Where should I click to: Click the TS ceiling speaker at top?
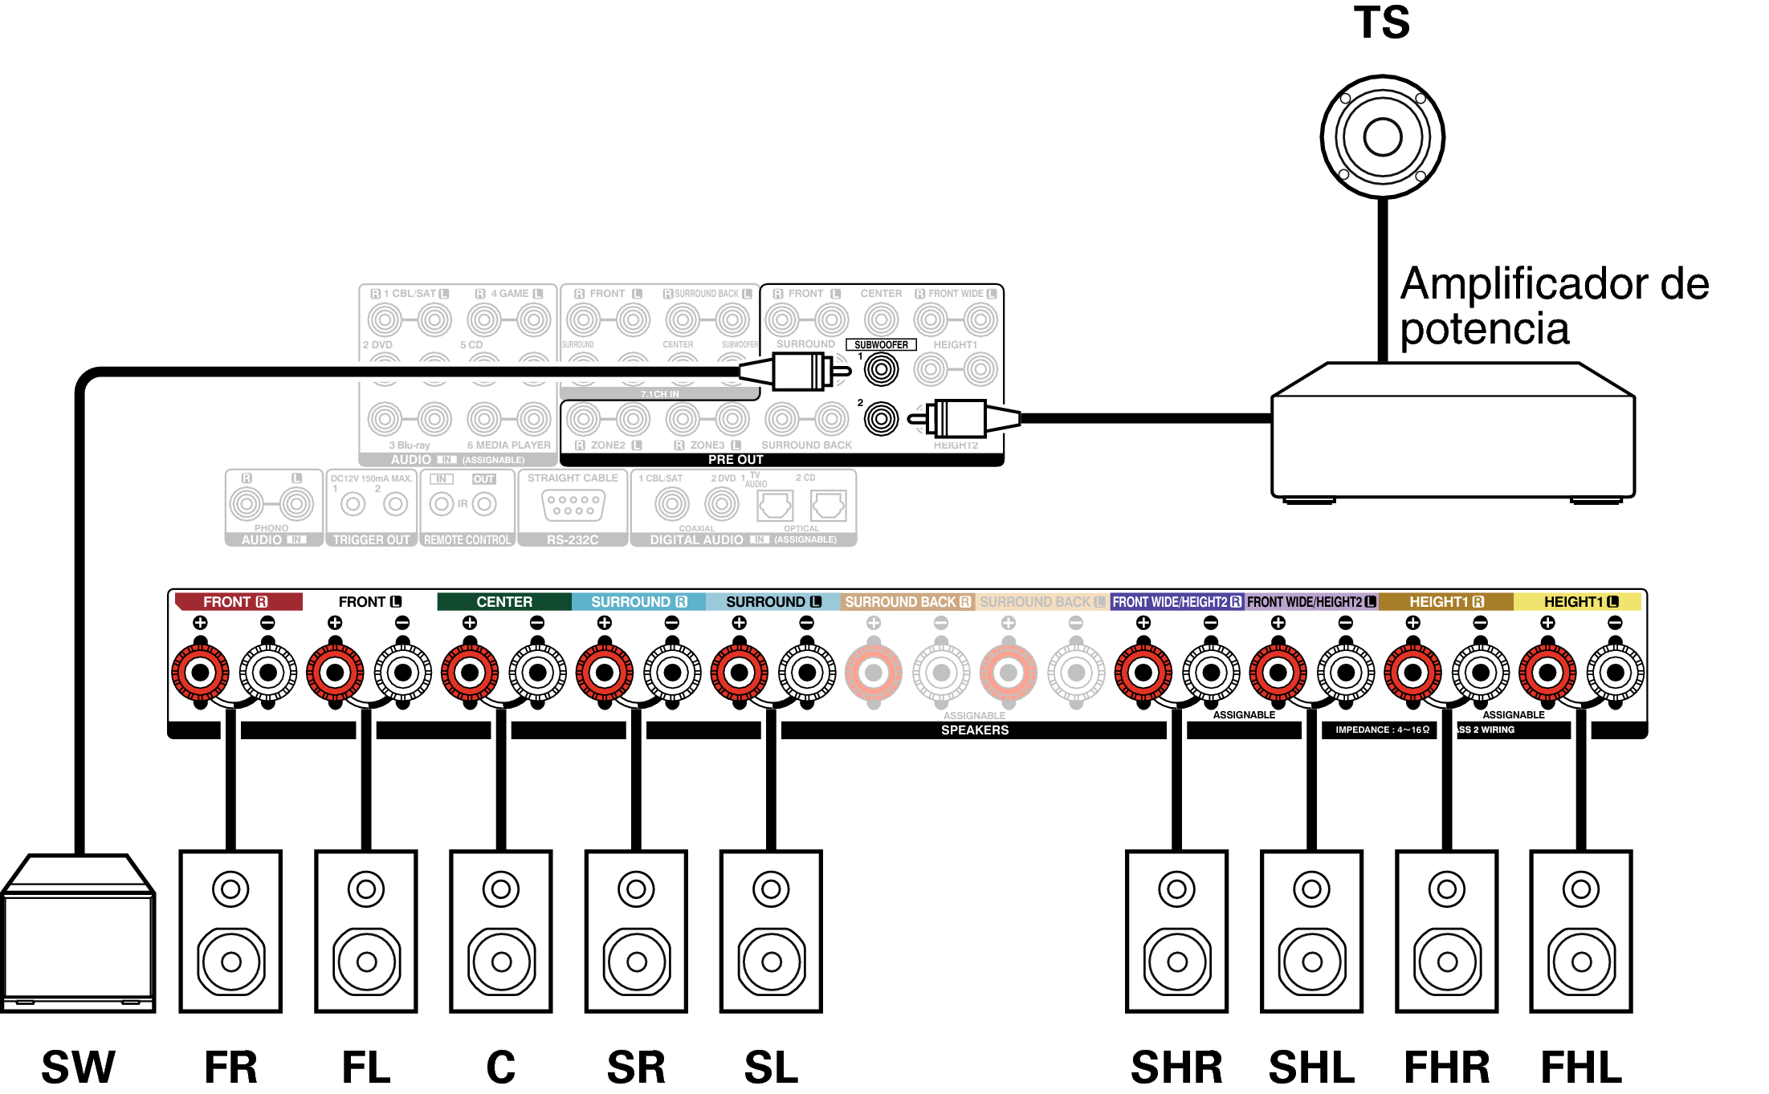pyautogui.click(x=1382, y=136)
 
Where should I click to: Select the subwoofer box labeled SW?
pyautogui.click(x=78, y=935)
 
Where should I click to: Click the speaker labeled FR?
pyautogui.click(x=230, y=931)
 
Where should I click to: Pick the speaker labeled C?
pyautogui.click(x=501, y=931)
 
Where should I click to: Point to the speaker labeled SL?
pyautogui.click(x=771, y=931)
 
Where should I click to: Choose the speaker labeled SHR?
pyautogui.click(x=1176, y=931)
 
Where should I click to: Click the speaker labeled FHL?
pyautogui.click(x=1581, y=931)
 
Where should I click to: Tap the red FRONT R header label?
pyautogui.click(x=238, y=602)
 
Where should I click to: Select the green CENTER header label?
pyautogui.click(x=503, y=602)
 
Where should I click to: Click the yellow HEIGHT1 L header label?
pyautogui.click(x=1579, y=602)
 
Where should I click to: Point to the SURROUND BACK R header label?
pyautogui.click(x=907, y=602)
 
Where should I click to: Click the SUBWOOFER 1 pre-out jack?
pyautogui.click(x=881, y=370)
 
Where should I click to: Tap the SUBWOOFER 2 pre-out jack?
pyautogui.click(x=881, y=419)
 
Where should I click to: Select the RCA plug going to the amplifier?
pyautogui.click(x=964, y=419)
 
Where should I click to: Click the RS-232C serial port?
pyautogui.click(x=573, y=506)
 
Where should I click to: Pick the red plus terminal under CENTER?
pyautogui.click(x=470, y=673)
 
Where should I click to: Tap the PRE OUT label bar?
pyautogui.click(x=736, y=460)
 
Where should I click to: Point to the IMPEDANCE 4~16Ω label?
pyautogui.click(x=1382, y=730)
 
